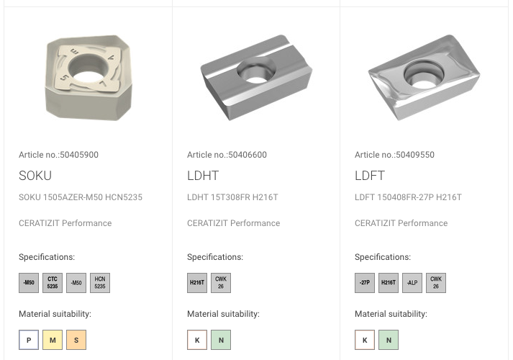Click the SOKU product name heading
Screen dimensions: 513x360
(x=35, y=176)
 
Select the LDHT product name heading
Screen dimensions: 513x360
(x=203, y=176)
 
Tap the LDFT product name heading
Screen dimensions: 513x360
(x=370, y=176)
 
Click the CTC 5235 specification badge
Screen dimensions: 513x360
(x=53, y=283)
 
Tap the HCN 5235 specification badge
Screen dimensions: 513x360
(x=100, y=283)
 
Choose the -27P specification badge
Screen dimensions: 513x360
(x=365, y=283)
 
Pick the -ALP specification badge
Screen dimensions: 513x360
(x=412, y=283)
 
